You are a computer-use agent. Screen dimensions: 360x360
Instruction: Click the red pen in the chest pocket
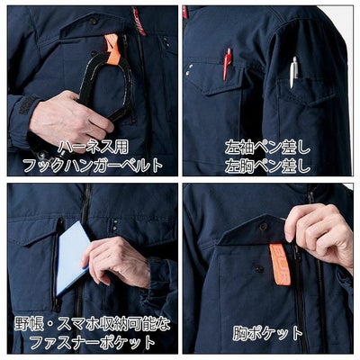click(227, 65)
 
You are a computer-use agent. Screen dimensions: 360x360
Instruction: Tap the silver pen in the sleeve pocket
click(293, 71)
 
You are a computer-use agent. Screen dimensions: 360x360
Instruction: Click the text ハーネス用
click(90, 146)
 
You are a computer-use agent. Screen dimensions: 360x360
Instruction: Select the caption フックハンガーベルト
click(90, 164)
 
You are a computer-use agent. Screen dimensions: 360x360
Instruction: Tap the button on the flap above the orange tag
click(264, 227)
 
